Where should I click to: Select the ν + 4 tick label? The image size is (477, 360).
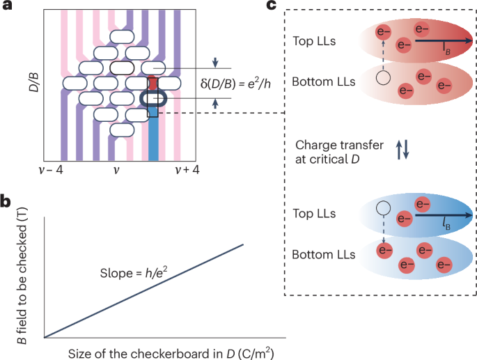pyautogui.click(x=175, y=170)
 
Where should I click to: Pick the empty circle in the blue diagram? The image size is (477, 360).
pyautogui.click(x=382, y=208)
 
